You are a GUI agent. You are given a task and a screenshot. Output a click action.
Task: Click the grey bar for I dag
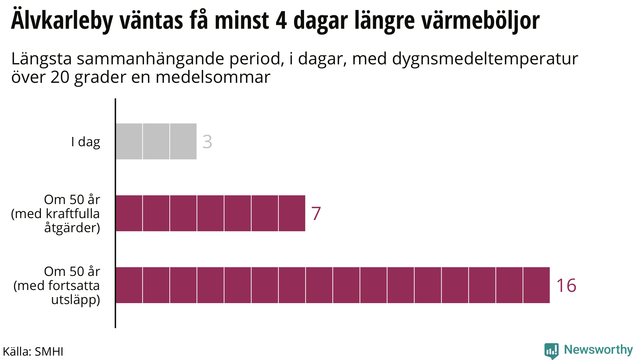(x=156, y=141)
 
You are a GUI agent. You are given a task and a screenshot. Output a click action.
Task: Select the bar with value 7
(x=210, y=213)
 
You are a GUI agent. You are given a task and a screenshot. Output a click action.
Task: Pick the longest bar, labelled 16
(x=332, y=285)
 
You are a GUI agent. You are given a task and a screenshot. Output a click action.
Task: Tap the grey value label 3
(x=207, y=142)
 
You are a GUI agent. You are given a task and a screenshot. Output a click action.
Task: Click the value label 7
(x=316, y=214)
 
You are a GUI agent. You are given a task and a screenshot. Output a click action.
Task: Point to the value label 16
(x=566, y=286)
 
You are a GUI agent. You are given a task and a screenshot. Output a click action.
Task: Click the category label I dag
(x=86, y=142)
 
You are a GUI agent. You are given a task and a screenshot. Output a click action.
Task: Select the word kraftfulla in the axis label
(x=73, y=214)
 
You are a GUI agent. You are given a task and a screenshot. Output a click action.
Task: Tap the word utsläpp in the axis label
(x=75, y=300)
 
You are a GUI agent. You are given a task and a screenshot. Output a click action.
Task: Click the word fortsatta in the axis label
(x=74, y=286)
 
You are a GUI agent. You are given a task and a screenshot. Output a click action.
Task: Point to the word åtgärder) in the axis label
(x=72, y=228)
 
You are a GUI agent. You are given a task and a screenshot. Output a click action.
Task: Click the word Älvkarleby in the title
(x=62, y=21)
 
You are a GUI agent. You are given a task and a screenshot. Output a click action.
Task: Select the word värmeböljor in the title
(x=481, y=21)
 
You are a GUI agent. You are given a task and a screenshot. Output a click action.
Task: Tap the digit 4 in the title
(x=281, y=21)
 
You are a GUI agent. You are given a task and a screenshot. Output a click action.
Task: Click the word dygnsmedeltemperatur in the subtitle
(x=485, y=59)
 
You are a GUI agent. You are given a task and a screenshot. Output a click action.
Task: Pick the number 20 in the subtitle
(x=60, y=77)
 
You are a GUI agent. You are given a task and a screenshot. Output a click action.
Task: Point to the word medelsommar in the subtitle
(x=213, y=77)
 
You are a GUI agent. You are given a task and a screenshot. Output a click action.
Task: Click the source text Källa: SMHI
(x=33, y=352)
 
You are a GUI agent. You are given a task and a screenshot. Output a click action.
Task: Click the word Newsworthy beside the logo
(x=598, y=350)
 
